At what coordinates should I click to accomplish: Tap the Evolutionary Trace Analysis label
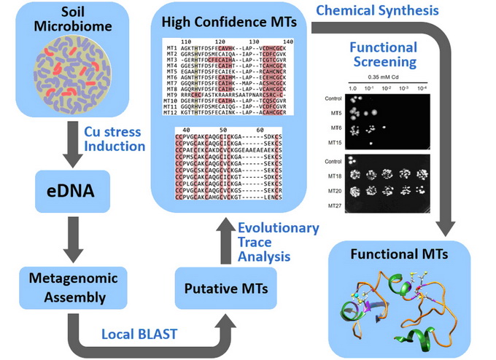[278, 241]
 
